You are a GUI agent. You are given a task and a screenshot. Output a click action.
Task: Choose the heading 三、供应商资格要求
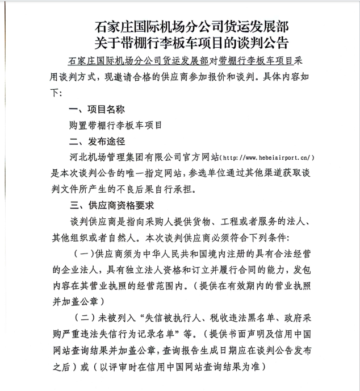[111, 205]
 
